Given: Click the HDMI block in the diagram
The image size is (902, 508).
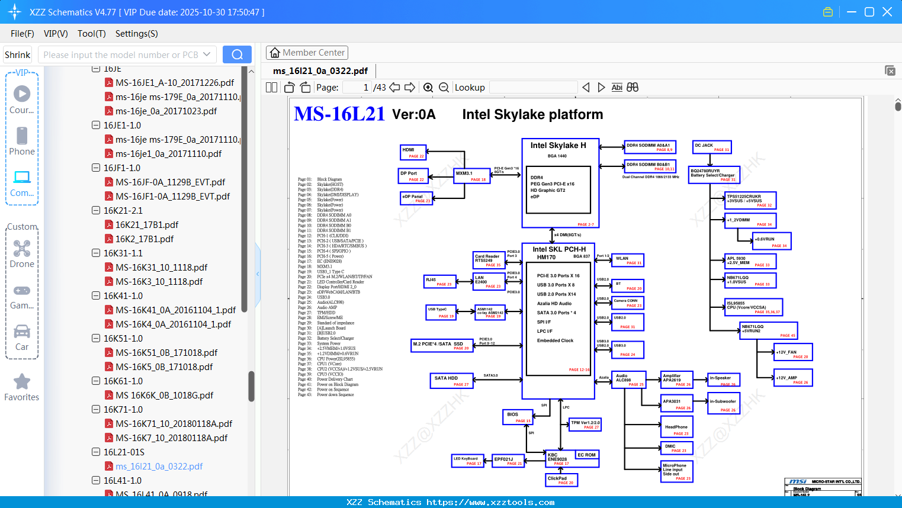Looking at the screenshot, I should coord(413,153).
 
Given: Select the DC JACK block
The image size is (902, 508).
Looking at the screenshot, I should coord(712,147).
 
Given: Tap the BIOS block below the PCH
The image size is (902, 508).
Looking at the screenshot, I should coord(518,417).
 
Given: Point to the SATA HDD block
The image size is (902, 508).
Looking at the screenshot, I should coord(451,381).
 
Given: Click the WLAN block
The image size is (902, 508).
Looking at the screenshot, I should coord(627,261).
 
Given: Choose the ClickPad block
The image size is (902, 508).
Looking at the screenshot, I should coord(561,480).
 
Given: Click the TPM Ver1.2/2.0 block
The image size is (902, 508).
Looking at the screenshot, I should coord(585,425).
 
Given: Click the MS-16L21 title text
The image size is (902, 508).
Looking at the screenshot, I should coord(339,114).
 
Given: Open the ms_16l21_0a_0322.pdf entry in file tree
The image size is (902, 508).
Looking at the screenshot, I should coord(159,467).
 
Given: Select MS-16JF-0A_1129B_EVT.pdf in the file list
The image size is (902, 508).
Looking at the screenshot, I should coord(170,182).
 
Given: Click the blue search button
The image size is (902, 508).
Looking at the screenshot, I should coord(237,54).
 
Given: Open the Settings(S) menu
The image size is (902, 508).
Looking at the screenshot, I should coord(136,34).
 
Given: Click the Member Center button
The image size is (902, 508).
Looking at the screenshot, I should coord(307,53).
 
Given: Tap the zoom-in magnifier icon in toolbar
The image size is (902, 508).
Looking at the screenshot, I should coord(428,88).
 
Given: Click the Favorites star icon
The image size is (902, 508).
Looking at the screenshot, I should coord(22,382).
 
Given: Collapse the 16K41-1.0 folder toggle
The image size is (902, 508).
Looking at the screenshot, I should coord(96,295).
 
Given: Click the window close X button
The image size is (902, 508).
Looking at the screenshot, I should coord(887,12).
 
